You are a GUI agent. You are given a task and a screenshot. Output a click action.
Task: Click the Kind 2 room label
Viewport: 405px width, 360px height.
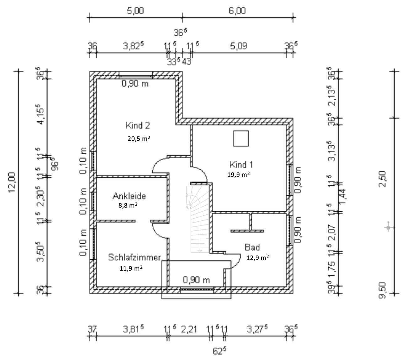click(x=138, y=126)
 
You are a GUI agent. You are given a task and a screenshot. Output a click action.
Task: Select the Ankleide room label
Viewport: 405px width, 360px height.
click(x=129, y=197)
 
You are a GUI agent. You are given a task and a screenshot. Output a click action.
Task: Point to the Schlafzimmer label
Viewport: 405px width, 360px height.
click(x=134, y=257)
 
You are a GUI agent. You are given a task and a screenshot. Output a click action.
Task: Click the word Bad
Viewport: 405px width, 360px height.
click(x=252, y=247)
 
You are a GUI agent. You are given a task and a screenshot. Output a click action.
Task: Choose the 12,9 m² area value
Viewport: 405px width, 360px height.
click(x=258, y=258)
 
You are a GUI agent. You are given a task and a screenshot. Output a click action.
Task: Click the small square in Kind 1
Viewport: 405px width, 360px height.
click(x=241, y=139)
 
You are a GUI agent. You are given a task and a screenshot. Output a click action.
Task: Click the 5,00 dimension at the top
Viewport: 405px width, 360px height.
click(x=135, y=11)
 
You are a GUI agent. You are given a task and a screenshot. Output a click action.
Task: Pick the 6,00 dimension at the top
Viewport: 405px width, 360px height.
click(x=237, y=11)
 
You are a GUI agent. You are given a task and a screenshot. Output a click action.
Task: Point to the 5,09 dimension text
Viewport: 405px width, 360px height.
click(x=239, y=46)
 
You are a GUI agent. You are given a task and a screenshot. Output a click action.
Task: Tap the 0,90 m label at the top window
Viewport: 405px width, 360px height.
click(x=135, y=84)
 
